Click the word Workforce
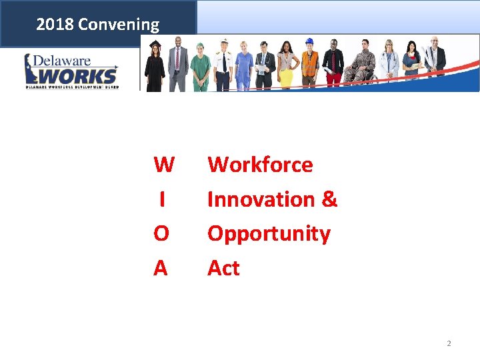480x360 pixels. coord(260,165)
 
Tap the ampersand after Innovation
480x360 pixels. coord(329,199)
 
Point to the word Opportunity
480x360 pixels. coord(269,234)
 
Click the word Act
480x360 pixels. coord(223,268)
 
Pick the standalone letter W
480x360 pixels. coord(163,165)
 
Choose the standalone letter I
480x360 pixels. coord(162,199)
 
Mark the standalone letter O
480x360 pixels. coord(161,234)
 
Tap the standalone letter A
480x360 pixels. coord(161,268)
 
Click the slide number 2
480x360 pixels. coord(449,343)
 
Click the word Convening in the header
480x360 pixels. coord(119,25)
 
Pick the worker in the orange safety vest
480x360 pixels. coord(309,65)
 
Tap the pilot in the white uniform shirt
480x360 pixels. coord(223,65)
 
